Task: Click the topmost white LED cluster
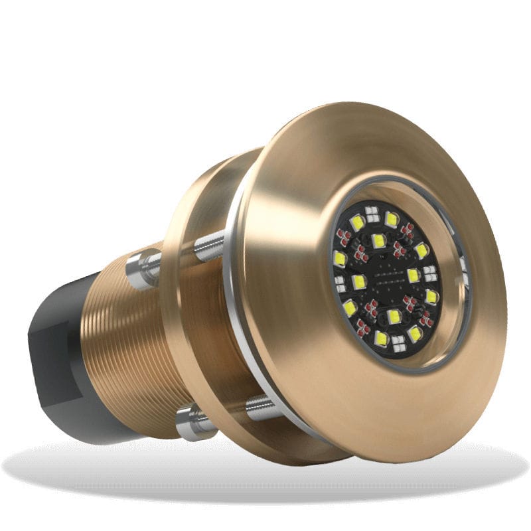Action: [372, 212]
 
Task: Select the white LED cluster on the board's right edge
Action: [430, 271]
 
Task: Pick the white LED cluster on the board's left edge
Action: [341, 284]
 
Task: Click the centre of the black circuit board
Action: [386, 277]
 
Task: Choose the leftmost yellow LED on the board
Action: [340, 258]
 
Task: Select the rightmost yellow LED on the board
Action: [431, 296]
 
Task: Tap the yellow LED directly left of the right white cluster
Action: [413, 274]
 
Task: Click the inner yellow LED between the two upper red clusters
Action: [378, 240]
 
